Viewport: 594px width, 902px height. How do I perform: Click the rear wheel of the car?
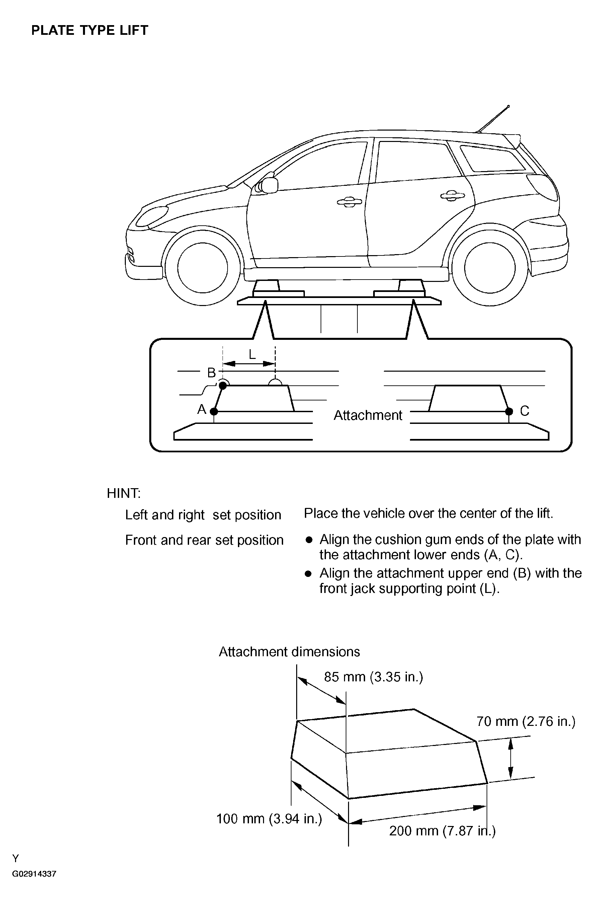click(x=490, y=268)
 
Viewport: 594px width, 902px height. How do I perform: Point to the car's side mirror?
click(x=269, y=184)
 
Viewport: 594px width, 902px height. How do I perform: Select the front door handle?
click(x=349, y=202)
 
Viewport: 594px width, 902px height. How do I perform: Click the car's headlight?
click(x=152, y=216)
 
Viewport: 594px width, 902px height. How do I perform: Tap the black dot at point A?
click(x=214, y=411)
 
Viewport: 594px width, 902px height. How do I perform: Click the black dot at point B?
click(x=223, y=385)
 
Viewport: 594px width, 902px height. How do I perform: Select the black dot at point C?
click(x=509, y=411)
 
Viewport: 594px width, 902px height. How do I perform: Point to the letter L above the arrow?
click(x=252, y=354)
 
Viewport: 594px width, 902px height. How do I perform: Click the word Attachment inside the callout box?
click(x=367, y=416)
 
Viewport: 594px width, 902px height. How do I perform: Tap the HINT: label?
click(x=123, y=493)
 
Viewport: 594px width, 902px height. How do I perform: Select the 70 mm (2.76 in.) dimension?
click(x=526, y=721)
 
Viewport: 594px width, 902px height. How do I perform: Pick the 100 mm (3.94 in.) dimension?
click(x=269, y=819)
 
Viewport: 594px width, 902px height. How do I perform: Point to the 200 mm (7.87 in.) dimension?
click(x=442, y=831)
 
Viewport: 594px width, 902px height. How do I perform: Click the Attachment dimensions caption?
click(x=289, y=652)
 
